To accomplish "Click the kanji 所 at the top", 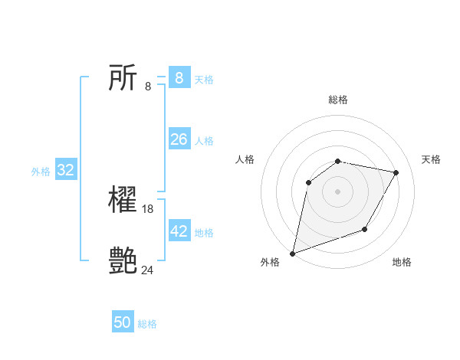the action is pyautogui.click(x=123, y=78).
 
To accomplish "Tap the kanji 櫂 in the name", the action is pyautogui.click(x=123, y=201).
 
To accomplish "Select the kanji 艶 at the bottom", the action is pyautogui.click(x=123, y=261).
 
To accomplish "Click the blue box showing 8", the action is pyautogui.click(x=179, y=78).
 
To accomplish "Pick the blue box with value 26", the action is pyautogui.click(x=179, y=139).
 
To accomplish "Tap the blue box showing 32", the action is pyautogui.click(x=66, y=170).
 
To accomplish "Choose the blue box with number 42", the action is pyautogui.click(x=179, y=231).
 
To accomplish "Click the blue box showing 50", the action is pyautogui.click(x=123, y=322).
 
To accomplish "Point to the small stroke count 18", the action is pyautogui.click(x=148, y=209).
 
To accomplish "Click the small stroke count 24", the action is pyautogui.click(x=148, y=270).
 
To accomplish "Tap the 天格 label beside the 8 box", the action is pyautogui.click(x=204, y=80).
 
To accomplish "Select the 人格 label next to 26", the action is pyautogui.click(x=204, y=141).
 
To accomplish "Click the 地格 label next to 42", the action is pyautogui.click(x=204, y=233).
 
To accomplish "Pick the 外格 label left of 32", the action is pyautogui.click(x=41, y=172).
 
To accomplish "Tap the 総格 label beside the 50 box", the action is pyautogui.click(x=147, y=324).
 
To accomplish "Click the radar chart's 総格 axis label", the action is pyautogui.click(x=338, y=100).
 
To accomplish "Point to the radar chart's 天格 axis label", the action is pyautogui.click(x=431, y=159).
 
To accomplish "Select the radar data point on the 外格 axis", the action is pyautogui.click(x=292, y=253).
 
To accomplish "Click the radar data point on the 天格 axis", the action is pyautogui.click(x=396, y=173).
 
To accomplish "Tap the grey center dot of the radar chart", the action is pyautogui.click(x=337, y=191).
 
